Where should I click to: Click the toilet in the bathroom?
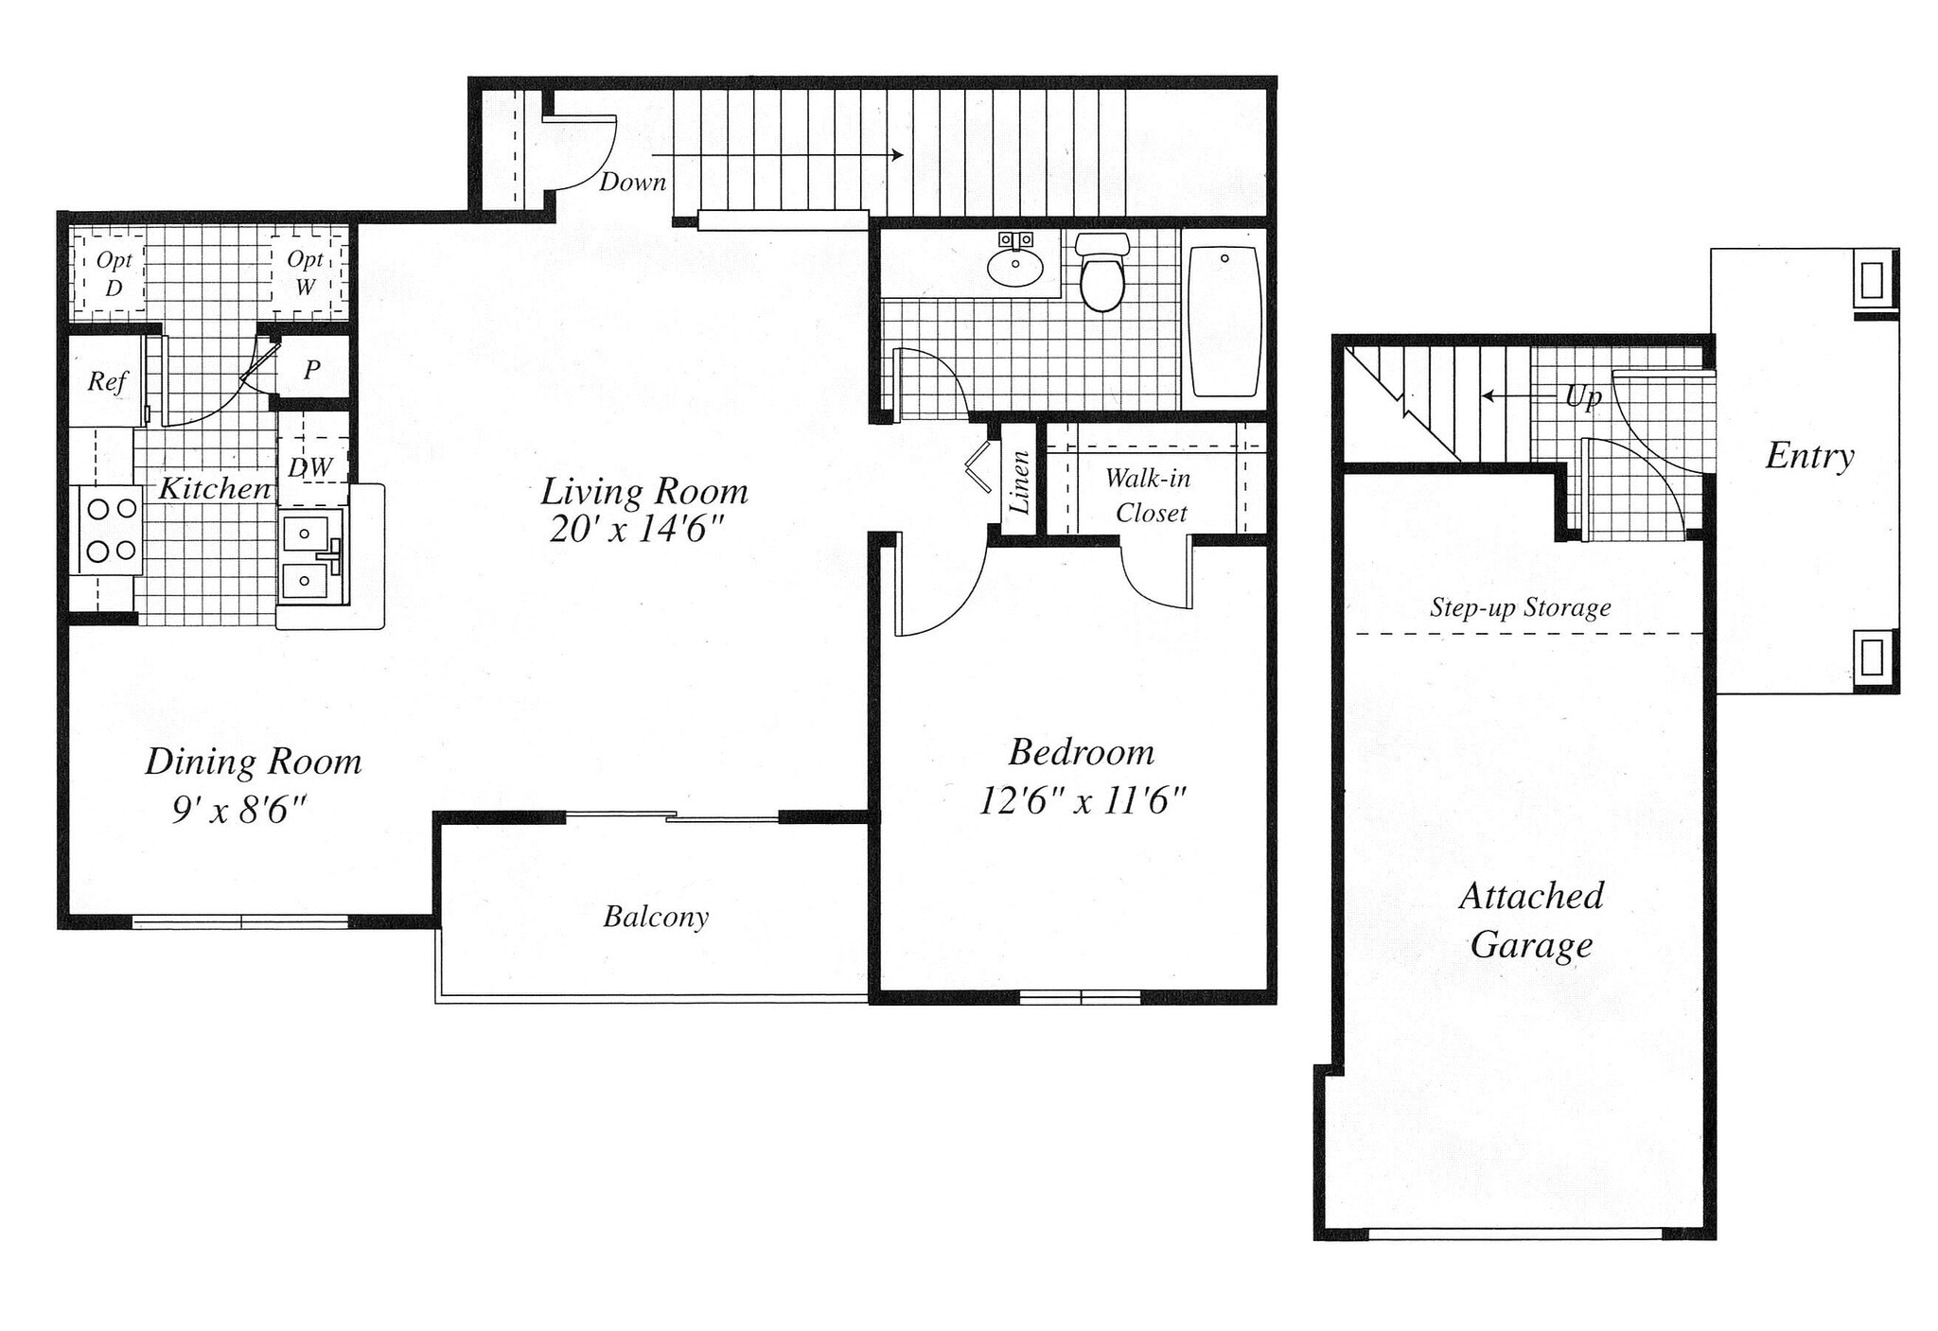click(1101, 274)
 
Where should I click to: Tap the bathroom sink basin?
click(1015, 266)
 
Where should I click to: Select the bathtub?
click(1224, 322)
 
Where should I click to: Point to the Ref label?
click(106, 381)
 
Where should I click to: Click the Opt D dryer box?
click(113, 272)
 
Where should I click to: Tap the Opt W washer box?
click(306, 272)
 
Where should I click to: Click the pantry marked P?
click(311, 370)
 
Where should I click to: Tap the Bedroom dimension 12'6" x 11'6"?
click(1082, 801)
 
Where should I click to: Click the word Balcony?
click(656, 917)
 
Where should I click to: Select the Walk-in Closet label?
click(1149, 495)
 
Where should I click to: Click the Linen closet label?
click(1020, 482)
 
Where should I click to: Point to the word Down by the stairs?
click(632, 182)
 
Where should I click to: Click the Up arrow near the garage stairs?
click(1519, 396)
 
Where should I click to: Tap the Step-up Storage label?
click(1520, 607)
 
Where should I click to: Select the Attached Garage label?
click(1531, 919)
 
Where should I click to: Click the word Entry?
click(1809, 456)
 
